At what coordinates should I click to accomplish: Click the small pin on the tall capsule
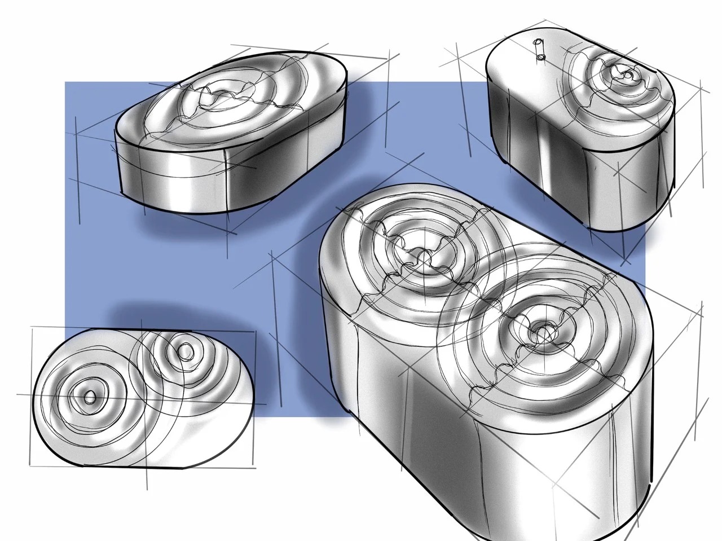point(539,49)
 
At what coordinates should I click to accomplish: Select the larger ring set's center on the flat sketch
point(89,398)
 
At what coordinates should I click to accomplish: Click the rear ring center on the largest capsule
point(422,257)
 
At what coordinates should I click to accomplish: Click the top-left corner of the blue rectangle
point(65,83)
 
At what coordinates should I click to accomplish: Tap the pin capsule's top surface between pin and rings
point(564,62)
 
